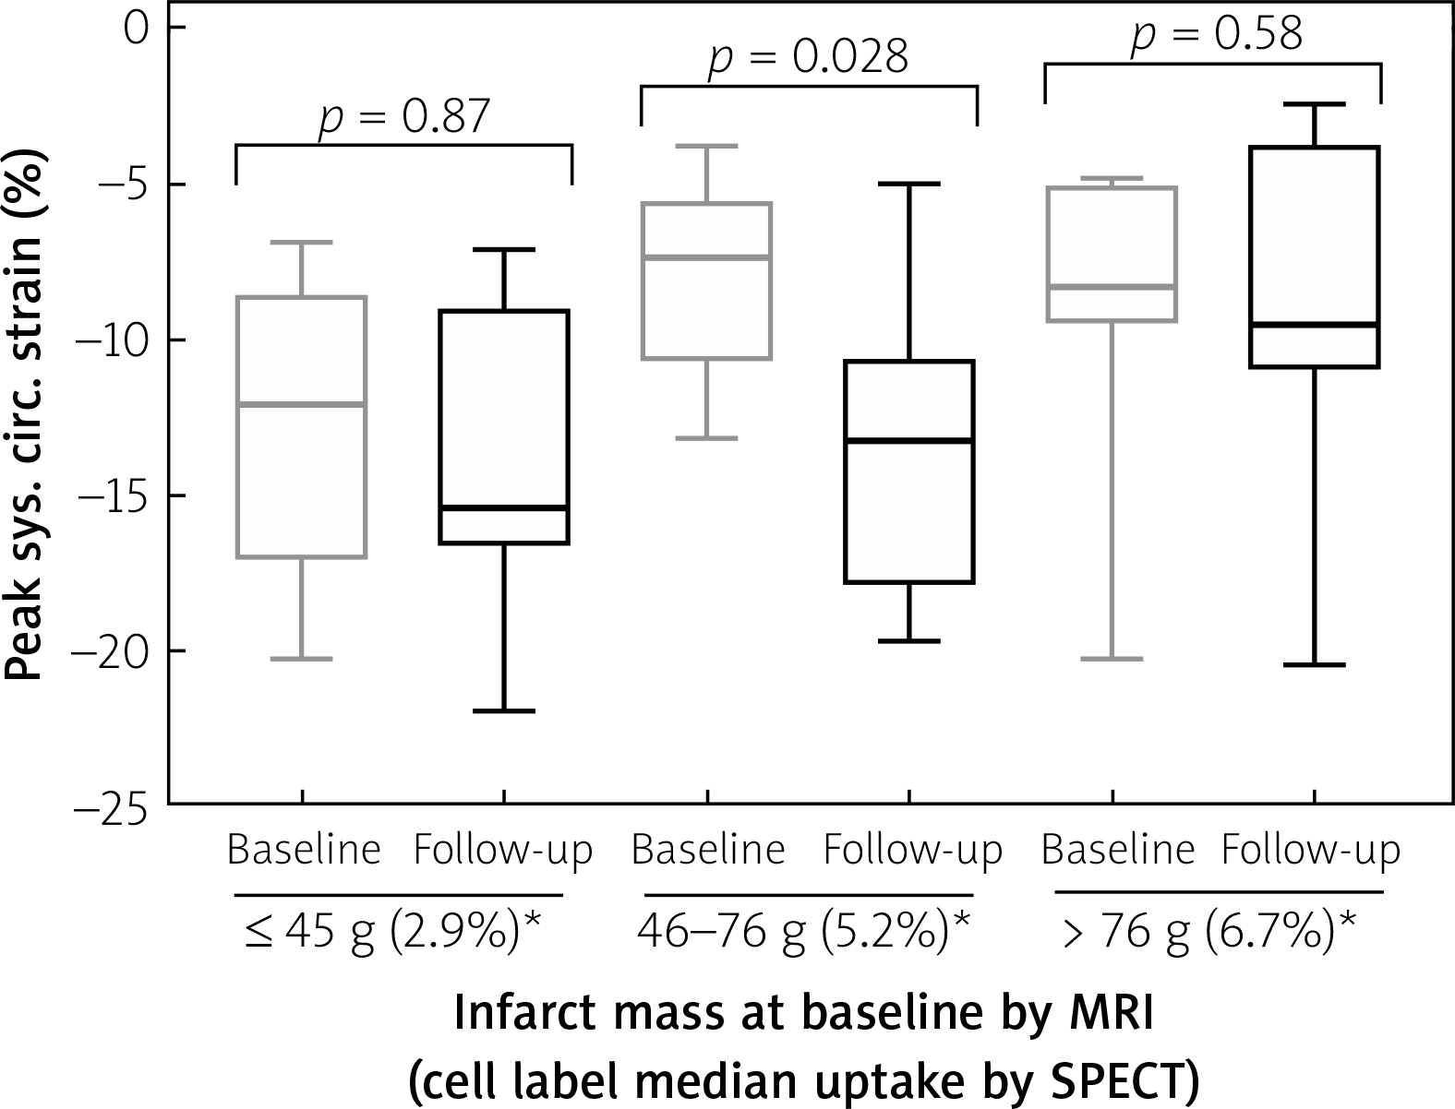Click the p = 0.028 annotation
tap(808, 57)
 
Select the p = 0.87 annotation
tap(403, 117)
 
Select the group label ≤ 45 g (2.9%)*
tap(391, 934)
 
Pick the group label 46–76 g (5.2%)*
tap(803, 934)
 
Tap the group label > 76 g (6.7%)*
tap(1209, 934)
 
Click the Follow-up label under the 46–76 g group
tap(912, 850)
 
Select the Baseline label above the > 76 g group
tap(1117, 850)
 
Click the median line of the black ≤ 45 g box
tap(503, 508)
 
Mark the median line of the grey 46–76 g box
tap(707, 257)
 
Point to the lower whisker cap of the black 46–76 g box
tap(909, 640)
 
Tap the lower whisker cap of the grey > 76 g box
tap(1112, 659)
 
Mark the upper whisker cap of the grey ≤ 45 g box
tap(302, 243)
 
